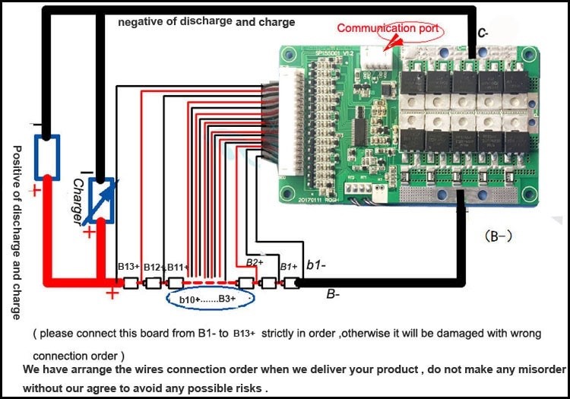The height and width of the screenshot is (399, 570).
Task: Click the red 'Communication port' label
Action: click(388, 29)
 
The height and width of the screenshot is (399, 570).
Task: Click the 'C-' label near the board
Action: click(482, 33)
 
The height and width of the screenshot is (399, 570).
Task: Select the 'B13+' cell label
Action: click(128, 267)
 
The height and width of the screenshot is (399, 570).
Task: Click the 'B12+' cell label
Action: click(154, 267)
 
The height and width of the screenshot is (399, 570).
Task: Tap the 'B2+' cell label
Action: click(255, 262)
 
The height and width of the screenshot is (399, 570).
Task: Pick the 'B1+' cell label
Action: click(288, 267)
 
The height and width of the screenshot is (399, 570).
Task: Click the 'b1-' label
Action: click(316, 264)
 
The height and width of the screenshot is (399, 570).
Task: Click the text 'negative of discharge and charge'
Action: click(205, 21)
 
